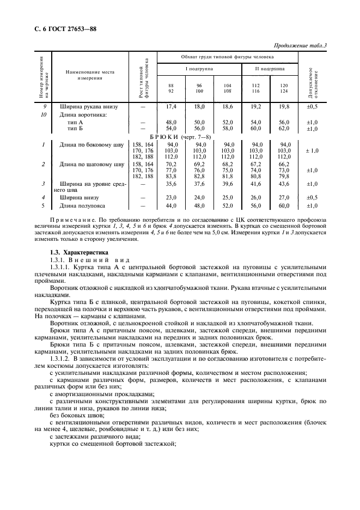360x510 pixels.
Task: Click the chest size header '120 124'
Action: (284, 88)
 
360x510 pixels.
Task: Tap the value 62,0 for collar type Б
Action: (284, 129)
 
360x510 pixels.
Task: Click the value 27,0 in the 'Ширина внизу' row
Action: (284, 197)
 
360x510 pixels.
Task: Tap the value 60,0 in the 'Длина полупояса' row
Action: (284, 205)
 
